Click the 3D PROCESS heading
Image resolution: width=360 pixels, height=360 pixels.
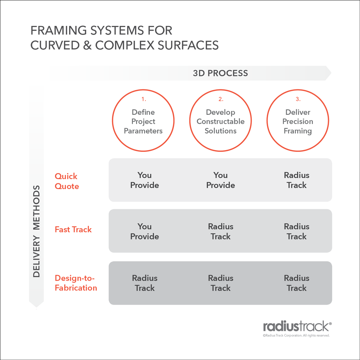[x=220, y=73]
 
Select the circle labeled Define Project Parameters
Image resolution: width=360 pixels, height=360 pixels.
[x=143, y=121]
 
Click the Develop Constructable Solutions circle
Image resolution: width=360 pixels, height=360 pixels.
[x=220, y=121]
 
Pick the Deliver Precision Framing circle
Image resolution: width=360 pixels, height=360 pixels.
[x=298, y=121]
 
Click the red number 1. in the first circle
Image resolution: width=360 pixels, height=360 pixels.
[x=143, y=99]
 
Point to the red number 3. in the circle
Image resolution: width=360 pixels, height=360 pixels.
[x=298, y=99]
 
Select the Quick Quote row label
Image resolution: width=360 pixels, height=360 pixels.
[x=67, y=181]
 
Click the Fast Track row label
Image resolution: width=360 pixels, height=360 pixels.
[x=73, y=229]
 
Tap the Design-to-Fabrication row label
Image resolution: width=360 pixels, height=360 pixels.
[x=76, y=283]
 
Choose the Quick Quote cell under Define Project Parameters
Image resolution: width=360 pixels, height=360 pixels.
[x=144, y=180]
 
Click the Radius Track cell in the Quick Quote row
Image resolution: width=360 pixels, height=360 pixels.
[x=297, y=180]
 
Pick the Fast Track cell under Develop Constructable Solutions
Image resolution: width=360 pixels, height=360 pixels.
[x=221, y=231]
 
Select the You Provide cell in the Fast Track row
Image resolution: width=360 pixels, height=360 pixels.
[x=144, y=231]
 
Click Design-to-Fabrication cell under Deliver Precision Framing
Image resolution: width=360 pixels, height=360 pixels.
[x=297, y=283]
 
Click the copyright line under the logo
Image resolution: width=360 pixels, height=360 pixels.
[x=296, y=336]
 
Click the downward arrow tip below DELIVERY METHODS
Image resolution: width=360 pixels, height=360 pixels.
[x=36, y=306]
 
